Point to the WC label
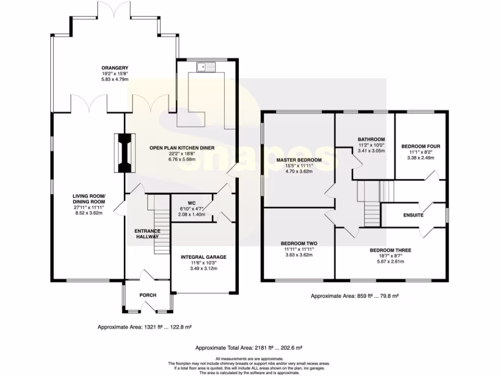point(191,203)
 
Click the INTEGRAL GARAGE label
point(203,257)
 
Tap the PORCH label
point(148,295)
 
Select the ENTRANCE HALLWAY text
point(147,234)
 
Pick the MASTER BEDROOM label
point(298,160)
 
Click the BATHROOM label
point(371,139)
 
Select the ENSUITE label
point(413,215)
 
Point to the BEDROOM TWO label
point(299,243)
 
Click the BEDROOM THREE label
point(390,250)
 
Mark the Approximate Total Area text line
point(249,348)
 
